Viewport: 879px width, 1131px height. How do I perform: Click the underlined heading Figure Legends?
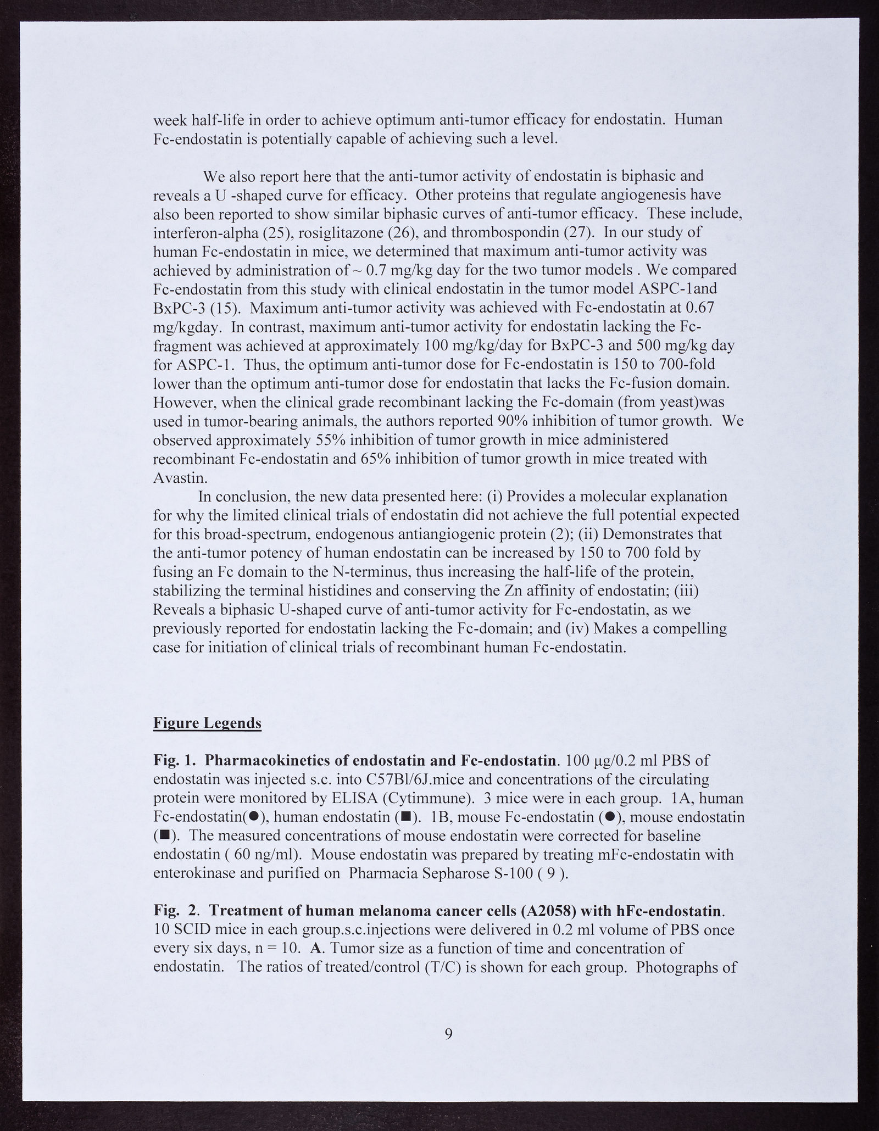(207, 723)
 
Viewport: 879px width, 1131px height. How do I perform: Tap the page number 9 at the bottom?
(448, 1034)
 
